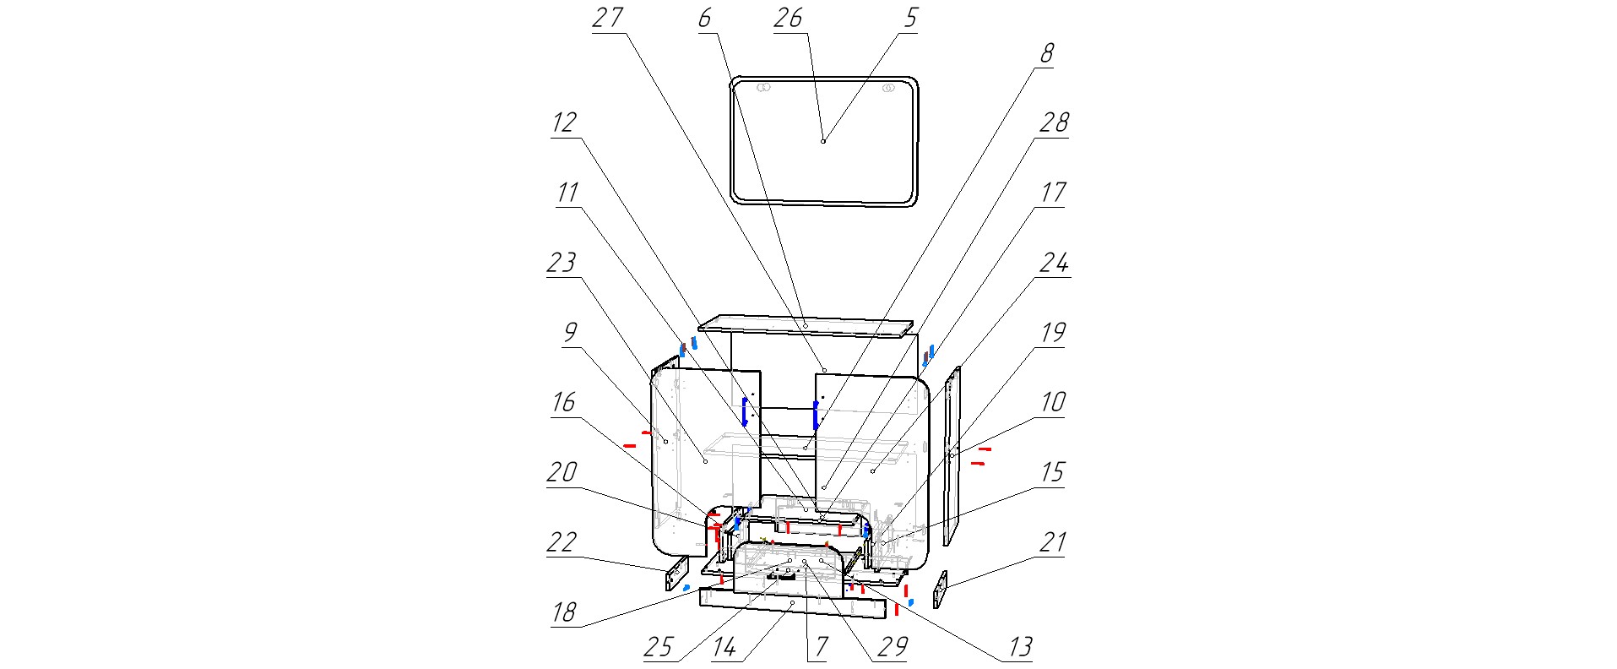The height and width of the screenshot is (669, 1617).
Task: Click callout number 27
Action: pos(607,19)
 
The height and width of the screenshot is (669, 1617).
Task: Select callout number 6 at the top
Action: pos(705,19)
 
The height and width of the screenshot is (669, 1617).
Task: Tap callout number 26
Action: pos(788,19)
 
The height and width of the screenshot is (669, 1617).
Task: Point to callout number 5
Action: pos(909,19)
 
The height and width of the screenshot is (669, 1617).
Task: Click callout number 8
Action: pos(1046,54)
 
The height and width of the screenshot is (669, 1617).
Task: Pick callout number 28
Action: pos(1053,123)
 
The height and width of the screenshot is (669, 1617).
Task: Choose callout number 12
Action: pos(564,123)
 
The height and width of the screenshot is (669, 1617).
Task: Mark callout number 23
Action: pos(562,263)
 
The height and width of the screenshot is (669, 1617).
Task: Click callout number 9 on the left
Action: pos(571,333)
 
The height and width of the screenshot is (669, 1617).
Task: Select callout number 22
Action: pos(562,542)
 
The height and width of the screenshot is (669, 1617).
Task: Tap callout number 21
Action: pos(1052,542)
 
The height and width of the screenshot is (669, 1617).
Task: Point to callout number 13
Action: pos(1020,648)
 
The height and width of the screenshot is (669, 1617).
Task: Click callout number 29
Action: pos(893,648)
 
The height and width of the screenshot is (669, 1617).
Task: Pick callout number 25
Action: pos(658,648)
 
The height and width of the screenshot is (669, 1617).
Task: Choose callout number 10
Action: pos(1052,402)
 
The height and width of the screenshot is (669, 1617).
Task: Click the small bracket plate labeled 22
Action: pos(676,574)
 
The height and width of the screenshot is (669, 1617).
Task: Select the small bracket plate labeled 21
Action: pos(940,589)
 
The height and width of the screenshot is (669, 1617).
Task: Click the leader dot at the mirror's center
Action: pos(823,141)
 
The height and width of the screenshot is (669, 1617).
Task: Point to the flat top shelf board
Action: pos(806,326)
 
